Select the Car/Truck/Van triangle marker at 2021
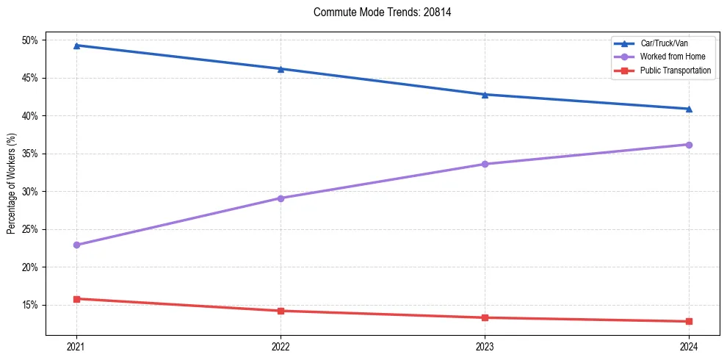76,46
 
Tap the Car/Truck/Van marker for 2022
281,69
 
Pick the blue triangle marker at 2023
485,94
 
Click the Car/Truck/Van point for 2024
689,109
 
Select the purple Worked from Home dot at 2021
76,245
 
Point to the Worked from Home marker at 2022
281,198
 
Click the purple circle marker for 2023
485,164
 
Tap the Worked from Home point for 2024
689,145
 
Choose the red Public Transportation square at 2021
76,299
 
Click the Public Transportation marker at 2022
281,311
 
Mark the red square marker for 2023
485,317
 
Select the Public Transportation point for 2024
689,321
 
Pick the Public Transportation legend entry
676,70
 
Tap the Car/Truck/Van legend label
664,43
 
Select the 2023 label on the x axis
485,346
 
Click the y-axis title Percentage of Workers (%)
11,184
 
